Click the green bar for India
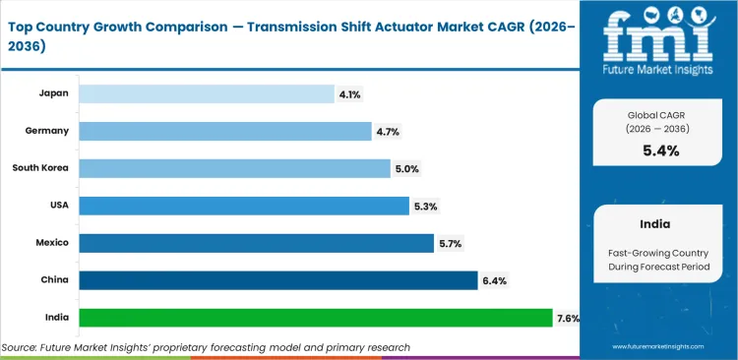315,318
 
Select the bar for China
277,280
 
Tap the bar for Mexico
256,243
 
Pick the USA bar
243,206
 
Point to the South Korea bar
234,168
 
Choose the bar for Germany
225,131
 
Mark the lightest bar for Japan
207,93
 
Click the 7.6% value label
568,318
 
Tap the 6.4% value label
494,280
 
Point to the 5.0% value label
406,168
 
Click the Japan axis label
53,93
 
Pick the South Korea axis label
40,168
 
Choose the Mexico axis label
50,243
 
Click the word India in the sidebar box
658,223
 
